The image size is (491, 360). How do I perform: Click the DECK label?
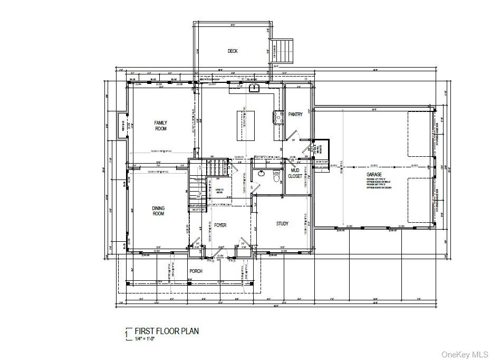click(233, 51)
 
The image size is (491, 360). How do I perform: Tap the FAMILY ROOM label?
click(160, 126)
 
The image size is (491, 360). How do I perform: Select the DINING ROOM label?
click(158, 211)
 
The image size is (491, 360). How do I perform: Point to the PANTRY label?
click(295, 115)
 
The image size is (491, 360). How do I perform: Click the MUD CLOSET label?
click(295, 173)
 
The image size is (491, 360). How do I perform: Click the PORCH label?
click(196, 271)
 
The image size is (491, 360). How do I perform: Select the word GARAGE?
click(374, 174)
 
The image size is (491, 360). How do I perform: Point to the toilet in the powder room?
click(276, 178)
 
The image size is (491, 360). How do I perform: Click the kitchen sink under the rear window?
click(255, 88)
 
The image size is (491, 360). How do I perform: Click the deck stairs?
click(285, 51)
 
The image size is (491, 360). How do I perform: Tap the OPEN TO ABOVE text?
click(219, 191)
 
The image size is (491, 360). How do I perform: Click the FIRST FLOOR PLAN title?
click(167, 331)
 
